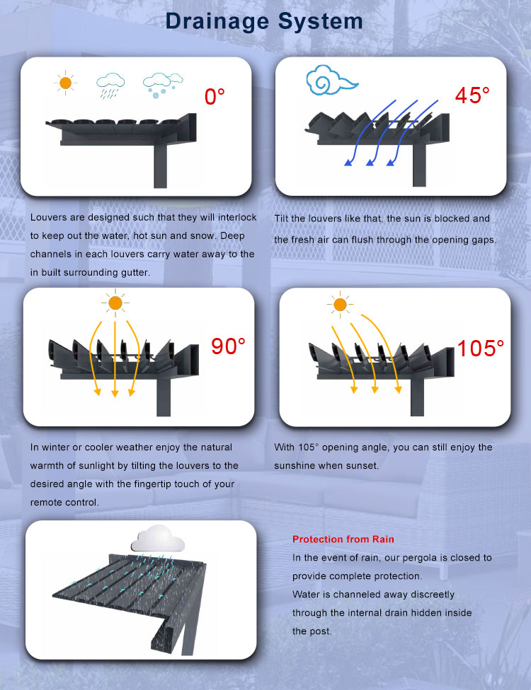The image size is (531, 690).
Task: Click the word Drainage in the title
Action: (x=217, y=22)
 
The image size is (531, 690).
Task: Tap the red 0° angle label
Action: (x=215, y=96)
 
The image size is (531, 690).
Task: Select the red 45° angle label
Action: (x=472, y=95)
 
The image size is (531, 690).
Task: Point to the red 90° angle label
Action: (x=228, y=346)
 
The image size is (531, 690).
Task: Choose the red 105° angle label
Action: (x=480, y=349)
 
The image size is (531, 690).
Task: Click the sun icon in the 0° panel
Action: (x=65, y=83)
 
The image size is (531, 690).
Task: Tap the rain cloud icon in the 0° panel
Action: (x=110, y=86)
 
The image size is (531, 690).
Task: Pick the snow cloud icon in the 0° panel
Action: (x=163, y=85)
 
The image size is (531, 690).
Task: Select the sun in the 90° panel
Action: (x=115, y=303)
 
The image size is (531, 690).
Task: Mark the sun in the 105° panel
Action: (x=340, y=304)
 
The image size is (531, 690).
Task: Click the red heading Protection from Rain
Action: (x=343, y=539)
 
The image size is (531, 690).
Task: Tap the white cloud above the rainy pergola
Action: (x=158, y=539)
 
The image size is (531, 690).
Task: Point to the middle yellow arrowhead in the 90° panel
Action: (x=115, y=392)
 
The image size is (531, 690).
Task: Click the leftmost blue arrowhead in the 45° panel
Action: (x=348, y=162)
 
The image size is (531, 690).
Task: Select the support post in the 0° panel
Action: (x=160, y=166)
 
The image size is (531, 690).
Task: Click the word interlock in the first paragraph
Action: (x=237, y=217)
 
